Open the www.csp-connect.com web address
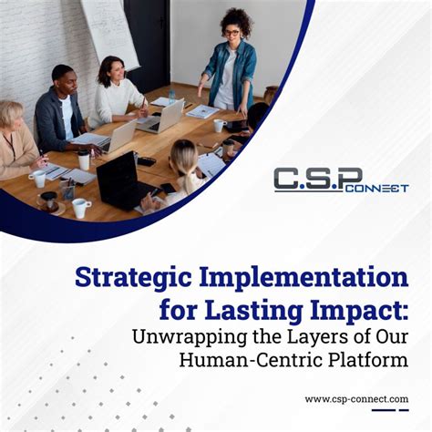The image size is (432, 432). tap(355, 398)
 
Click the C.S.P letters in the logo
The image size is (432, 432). tap(317, 178)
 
